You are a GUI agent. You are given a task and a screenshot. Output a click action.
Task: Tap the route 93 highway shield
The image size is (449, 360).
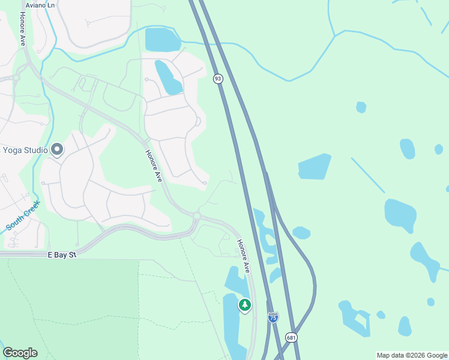click(218, 79)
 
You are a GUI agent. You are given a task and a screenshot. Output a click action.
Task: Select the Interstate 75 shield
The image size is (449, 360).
click(273, 316)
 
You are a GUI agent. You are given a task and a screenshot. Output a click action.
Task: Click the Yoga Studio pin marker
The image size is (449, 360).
click(57, 149)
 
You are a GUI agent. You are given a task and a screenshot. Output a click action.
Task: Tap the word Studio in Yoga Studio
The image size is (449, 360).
click(35, 149)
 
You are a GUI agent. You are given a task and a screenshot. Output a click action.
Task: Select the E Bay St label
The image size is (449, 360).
click(62, 255)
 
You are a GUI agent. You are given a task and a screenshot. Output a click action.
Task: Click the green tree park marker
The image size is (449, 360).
click(244, 305)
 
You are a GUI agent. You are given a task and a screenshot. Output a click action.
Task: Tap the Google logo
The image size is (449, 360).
click(20, 353)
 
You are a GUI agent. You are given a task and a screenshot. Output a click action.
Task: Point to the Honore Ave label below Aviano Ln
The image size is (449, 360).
click(23, 28)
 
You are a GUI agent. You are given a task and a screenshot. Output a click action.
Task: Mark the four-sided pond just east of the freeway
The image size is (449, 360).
click(313, 166)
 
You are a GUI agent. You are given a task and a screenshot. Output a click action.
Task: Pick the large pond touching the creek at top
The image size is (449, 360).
click(162, 40)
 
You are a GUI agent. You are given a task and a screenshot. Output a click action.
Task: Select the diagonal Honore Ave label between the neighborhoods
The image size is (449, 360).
click(154, 167)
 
